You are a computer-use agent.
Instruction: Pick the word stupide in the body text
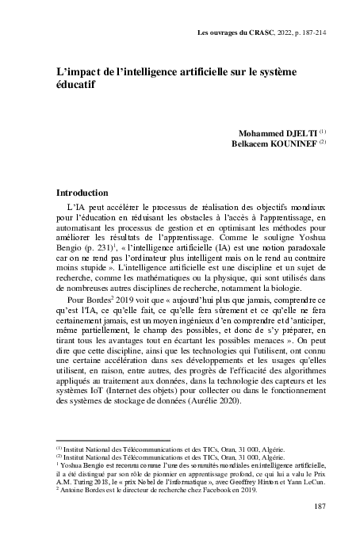(88, 269)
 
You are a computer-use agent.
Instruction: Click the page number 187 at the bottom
(312, 507)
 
